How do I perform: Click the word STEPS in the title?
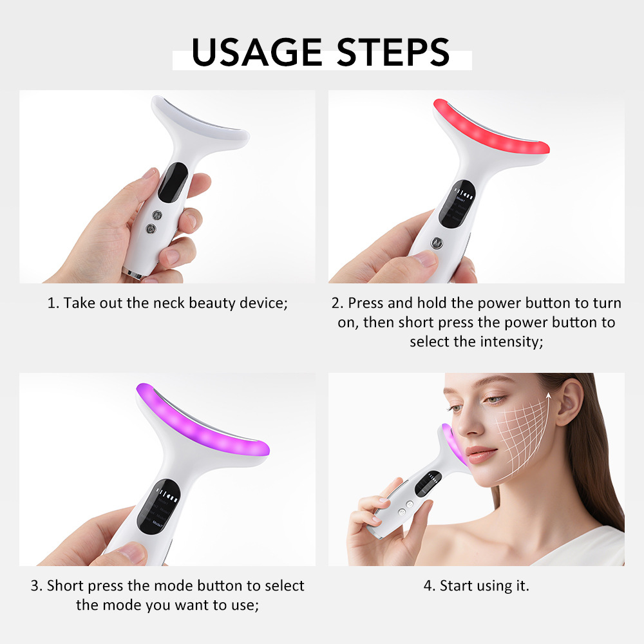[386, 52]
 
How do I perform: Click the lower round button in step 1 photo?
[151, 228]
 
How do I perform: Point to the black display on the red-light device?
[457, 202]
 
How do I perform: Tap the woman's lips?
[482, 455]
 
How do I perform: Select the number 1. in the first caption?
[53, 303]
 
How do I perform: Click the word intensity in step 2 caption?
[511, 341]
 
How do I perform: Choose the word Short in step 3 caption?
[66, 585]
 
